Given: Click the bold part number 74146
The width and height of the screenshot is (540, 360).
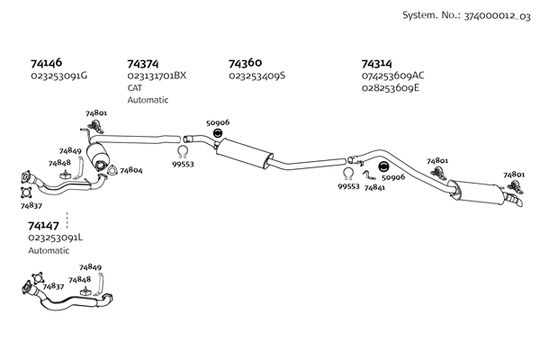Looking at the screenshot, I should tap(46, 64).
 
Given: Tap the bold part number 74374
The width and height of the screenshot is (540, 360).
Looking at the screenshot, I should tap(143, 64).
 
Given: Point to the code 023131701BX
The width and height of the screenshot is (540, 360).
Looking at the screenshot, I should tap(157, 76).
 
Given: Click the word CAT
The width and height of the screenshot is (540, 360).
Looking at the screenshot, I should tap(135, 88).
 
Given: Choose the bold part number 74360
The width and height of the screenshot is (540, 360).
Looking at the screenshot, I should tap(245, 63).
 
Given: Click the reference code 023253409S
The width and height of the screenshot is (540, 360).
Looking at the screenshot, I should tap(257, 76).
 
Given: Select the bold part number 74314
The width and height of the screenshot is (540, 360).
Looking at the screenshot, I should tap(377, 64).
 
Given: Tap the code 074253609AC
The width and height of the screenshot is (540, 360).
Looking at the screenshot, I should tap(392, 76).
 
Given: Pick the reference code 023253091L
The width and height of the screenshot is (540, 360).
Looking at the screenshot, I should tap(56, 238).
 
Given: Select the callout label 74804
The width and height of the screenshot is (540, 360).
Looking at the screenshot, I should tap(131, 170).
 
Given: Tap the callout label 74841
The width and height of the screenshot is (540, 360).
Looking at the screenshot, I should tap(375, 187).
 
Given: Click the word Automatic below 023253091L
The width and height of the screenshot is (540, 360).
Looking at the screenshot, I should tap(49, 250).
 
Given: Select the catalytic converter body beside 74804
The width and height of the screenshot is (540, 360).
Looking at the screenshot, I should tap(100, 157).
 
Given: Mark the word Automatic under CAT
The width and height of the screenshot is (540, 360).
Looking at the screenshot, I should tap(148, 100).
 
